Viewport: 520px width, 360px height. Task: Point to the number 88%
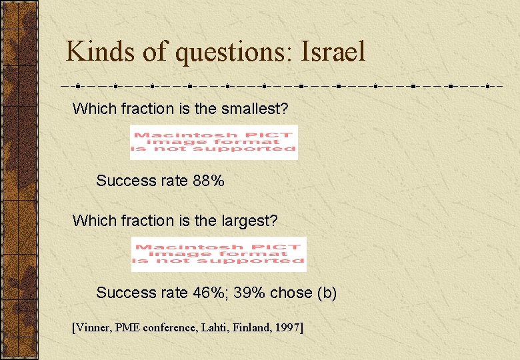tap(209, 181)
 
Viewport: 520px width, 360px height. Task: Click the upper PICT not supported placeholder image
tap(213, 142)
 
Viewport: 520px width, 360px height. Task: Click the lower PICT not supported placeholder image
tap(219, 254)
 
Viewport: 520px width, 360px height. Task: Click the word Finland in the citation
tap(251, 327)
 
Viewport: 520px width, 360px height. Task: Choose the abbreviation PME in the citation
tap(129, 327)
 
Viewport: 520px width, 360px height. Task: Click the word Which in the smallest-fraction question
tap(91, 109)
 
